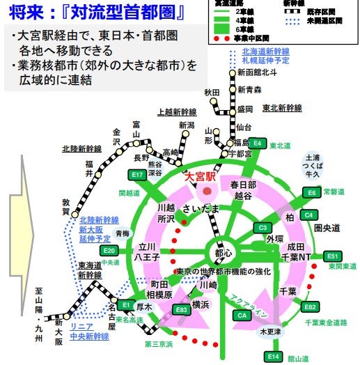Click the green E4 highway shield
coord(258,143)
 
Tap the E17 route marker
coord(137,175)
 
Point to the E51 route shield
coord(334,256)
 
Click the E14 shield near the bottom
coord(273,356)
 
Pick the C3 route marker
coord(263,227)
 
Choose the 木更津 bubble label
coord(271,332)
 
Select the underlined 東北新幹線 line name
coord(282,108)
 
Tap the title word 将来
coord(26,13)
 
